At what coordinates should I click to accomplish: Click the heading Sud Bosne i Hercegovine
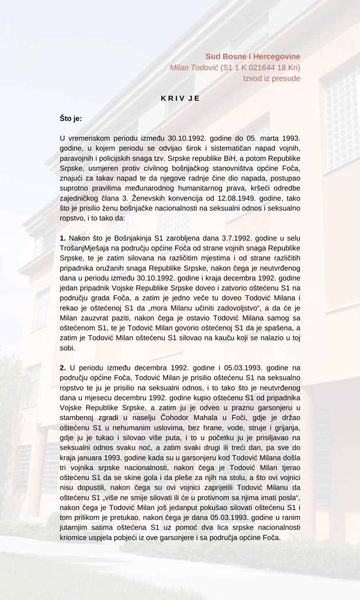[253, 56]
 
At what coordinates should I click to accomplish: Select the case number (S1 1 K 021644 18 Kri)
[260, 68]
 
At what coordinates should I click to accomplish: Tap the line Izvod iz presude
[271, 78]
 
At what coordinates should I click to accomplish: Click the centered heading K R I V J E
[180, 98]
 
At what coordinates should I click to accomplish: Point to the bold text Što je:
[71, 118]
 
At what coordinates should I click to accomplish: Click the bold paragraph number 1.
[63, 238]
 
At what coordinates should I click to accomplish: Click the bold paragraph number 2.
[63, 368]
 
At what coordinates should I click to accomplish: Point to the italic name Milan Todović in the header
[194, 68]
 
